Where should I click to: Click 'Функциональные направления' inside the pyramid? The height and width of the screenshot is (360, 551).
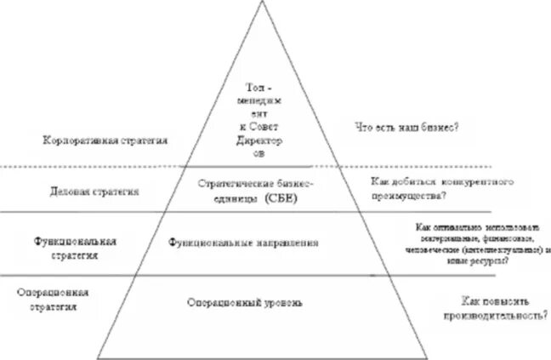tap(244, 243)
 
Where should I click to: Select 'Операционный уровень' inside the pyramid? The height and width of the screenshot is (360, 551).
tap(244, 302)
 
